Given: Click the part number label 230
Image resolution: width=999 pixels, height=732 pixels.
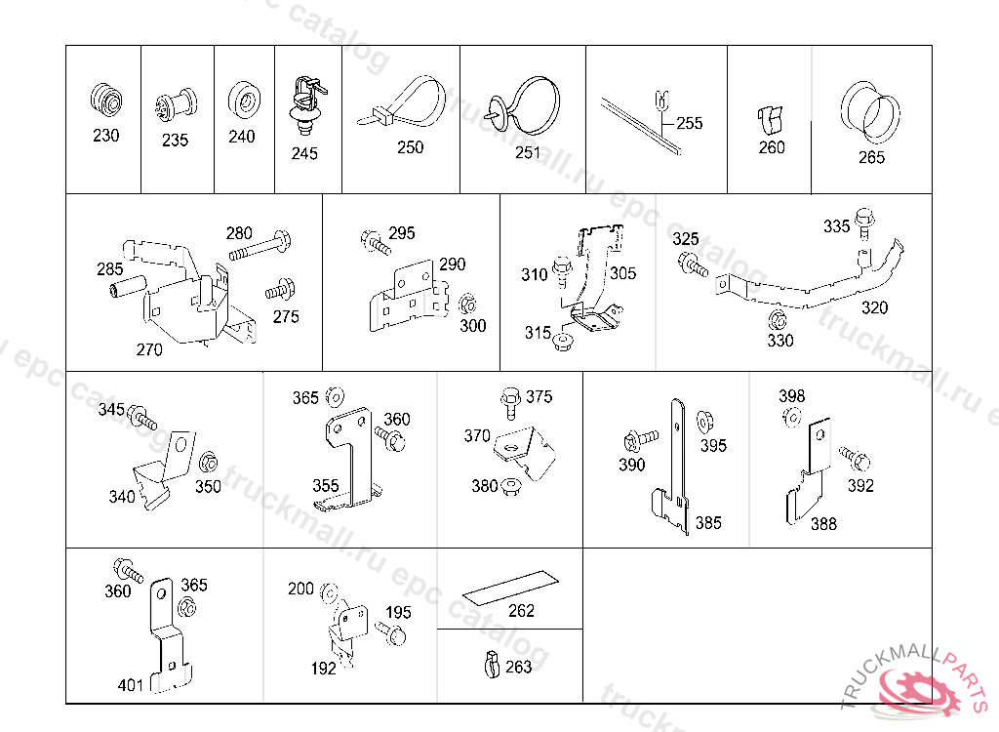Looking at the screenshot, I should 105,136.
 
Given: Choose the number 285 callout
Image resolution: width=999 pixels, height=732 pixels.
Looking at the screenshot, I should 109,268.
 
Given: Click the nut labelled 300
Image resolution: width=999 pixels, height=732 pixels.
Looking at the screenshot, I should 466,301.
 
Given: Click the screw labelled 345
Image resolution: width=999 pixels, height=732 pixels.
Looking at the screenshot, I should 141,417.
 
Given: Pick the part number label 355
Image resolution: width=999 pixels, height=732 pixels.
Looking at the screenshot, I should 326,485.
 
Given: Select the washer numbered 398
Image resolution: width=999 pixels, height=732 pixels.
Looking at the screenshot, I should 791,417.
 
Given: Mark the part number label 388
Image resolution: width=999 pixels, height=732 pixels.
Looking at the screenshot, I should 823,523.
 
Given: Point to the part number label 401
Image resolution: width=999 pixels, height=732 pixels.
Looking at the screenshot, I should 131,685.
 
